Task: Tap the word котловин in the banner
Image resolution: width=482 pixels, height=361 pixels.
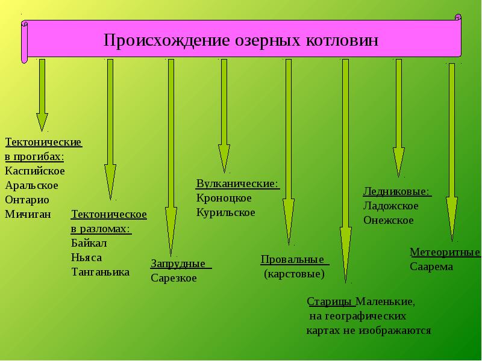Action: click(x=341, y=40)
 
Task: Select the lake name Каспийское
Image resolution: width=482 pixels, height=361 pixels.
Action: click(x=35, y=171)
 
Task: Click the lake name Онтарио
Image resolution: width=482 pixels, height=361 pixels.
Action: click(x=27, y=199)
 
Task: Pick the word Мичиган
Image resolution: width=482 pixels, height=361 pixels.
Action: click(x=28, y=214)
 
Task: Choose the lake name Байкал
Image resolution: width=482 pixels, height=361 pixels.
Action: click(x=89, y=243)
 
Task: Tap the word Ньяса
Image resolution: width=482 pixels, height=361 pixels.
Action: click(x=86, y=258)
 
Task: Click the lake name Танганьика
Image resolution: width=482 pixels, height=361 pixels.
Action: click(x=100, y=272)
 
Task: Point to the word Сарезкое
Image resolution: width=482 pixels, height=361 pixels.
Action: click(x=174, y=279)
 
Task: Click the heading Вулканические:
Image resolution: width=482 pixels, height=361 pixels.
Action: click(x=237, y=184)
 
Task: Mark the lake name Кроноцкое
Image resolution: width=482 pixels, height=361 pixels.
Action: click(x=224, y=198)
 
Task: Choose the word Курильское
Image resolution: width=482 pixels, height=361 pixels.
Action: click(x=225, y=212)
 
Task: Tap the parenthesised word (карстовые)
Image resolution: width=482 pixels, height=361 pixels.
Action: click(x=294, y=274)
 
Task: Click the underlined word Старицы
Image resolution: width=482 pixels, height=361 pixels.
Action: click(x=330, y=301)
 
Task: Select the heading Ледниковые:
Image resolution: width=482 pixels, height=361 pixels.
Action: click(x=396, y=192)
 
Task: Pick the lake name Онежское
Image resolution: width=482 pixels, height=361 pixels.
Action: click(x=389, y=220)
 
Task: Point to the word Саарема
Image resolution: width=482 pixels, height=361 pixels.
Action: click(x=431, y=267)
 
